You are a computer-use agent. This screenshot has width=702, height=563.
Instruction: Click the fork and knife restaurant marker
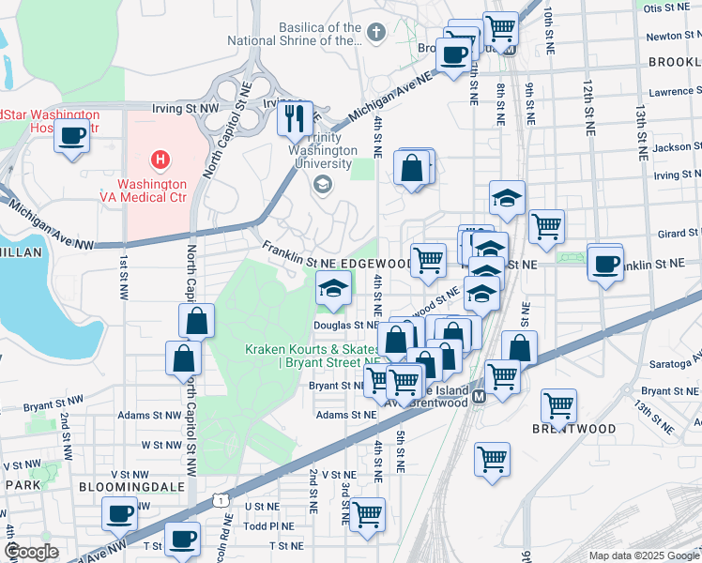(296, 118)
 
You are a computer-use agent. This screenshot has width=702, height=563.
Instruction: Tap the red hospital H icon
(160, 160)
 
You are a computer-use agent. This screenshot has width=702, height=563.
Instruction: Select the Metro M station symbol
(478, 397)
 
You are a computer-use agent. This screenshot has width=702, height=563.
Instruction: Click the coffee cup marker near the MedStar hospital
(72, 136)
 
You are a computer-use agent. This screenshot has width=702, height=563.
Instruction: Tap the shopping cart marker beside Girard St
(546, 225)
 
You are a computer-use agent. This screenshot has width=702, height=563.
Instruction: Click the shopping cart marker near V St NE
(492, 460)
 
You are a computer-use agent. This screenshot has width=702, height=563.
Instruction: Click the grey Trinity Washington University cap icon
(323, 182)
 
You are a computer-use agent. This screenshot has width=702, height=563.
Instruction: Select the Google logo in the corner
(31, 552)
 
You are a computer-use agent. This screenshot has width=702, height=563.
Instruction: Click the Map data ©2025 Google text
(644, 555)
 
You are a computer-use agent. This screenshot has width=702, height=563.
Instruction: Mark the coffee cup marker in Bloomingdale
(120, 513)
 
